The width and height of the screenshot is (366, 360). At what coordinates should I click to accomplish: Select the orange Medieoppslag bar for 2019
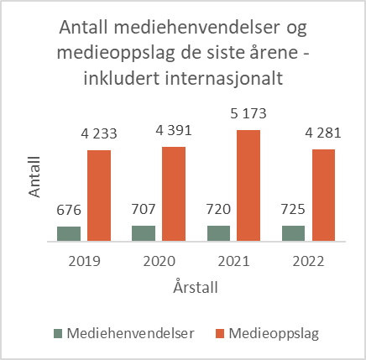click(x=99, y=196)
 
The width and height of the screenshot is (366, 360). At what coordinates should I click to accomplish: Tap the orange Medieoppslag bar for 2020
click(x=174, y=194)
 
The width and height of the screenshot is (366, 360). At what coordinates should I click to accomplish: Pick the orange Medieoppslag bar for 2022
click(x=323, y=195)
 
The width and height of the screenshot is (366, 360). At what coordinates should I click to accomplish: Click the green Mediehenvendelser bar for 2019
click(x=69, y=232)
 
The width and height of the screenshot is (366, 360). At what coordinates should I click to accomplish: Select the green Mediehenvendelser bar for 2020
click(x=144, y=232)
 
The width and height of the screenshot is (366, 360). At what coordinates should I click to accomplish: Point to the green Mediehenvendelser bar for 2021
click(x=219, y=232)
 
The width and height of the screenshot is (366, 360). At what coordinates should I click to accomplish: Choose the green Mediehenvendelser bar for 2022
click(x=294, y=232)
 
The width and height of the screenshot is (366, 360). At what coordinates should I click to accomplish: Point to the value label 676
click(x=69, y=208)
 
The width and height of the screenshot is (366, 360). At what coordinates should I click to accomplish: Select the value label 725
click(x=294, y=207)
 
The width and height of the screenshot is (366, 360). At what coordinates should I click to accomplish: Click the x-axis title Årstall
click(x=191, y=287)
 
